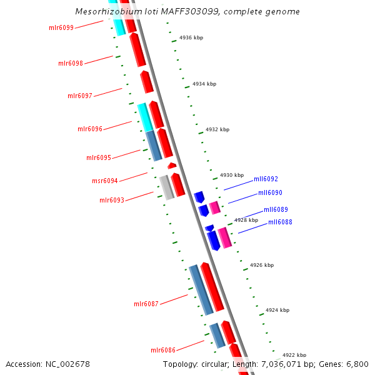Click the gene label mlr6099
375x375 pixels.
click(x=61, y=27)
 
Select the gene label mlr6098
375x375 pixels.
click(x=71, y=63)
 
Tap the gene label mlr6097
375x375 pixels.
click(x=80, y=96)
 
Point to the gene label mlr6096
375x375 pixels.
click(x=90, y=129)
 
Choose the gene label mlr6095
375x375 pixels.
click(x=99, y=157)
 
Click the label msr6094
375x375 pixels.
click(x=105, y=181)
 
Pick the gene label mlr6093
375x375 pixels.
click(x=112, y=200)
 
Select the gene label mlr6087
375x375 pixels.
click(x=146, y=304)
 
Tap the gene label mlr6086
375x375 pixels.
click(x=163, y=350)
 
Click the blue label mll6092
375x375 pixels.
click(x=266, y=179)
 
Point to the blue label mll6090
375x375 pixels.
click(x=270, y=193)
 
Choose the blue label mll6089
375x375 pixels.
click(x=276, y=209)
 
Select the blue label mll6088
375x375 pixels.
click(x=280, y=222)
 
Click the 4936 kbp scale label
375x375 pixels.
click(x=191, y=37)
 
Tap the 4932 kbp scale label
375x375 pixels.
click(x=217, y=129)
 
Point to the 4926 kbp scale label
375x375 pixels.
click(x=262, y=265)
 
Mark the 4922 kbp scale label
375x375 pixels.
click(x=294, y=355)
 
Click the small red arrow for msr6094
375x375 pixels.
click(x=171, y=166)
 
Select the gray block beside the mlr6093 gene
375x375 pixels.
click(x=166, y=187)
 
